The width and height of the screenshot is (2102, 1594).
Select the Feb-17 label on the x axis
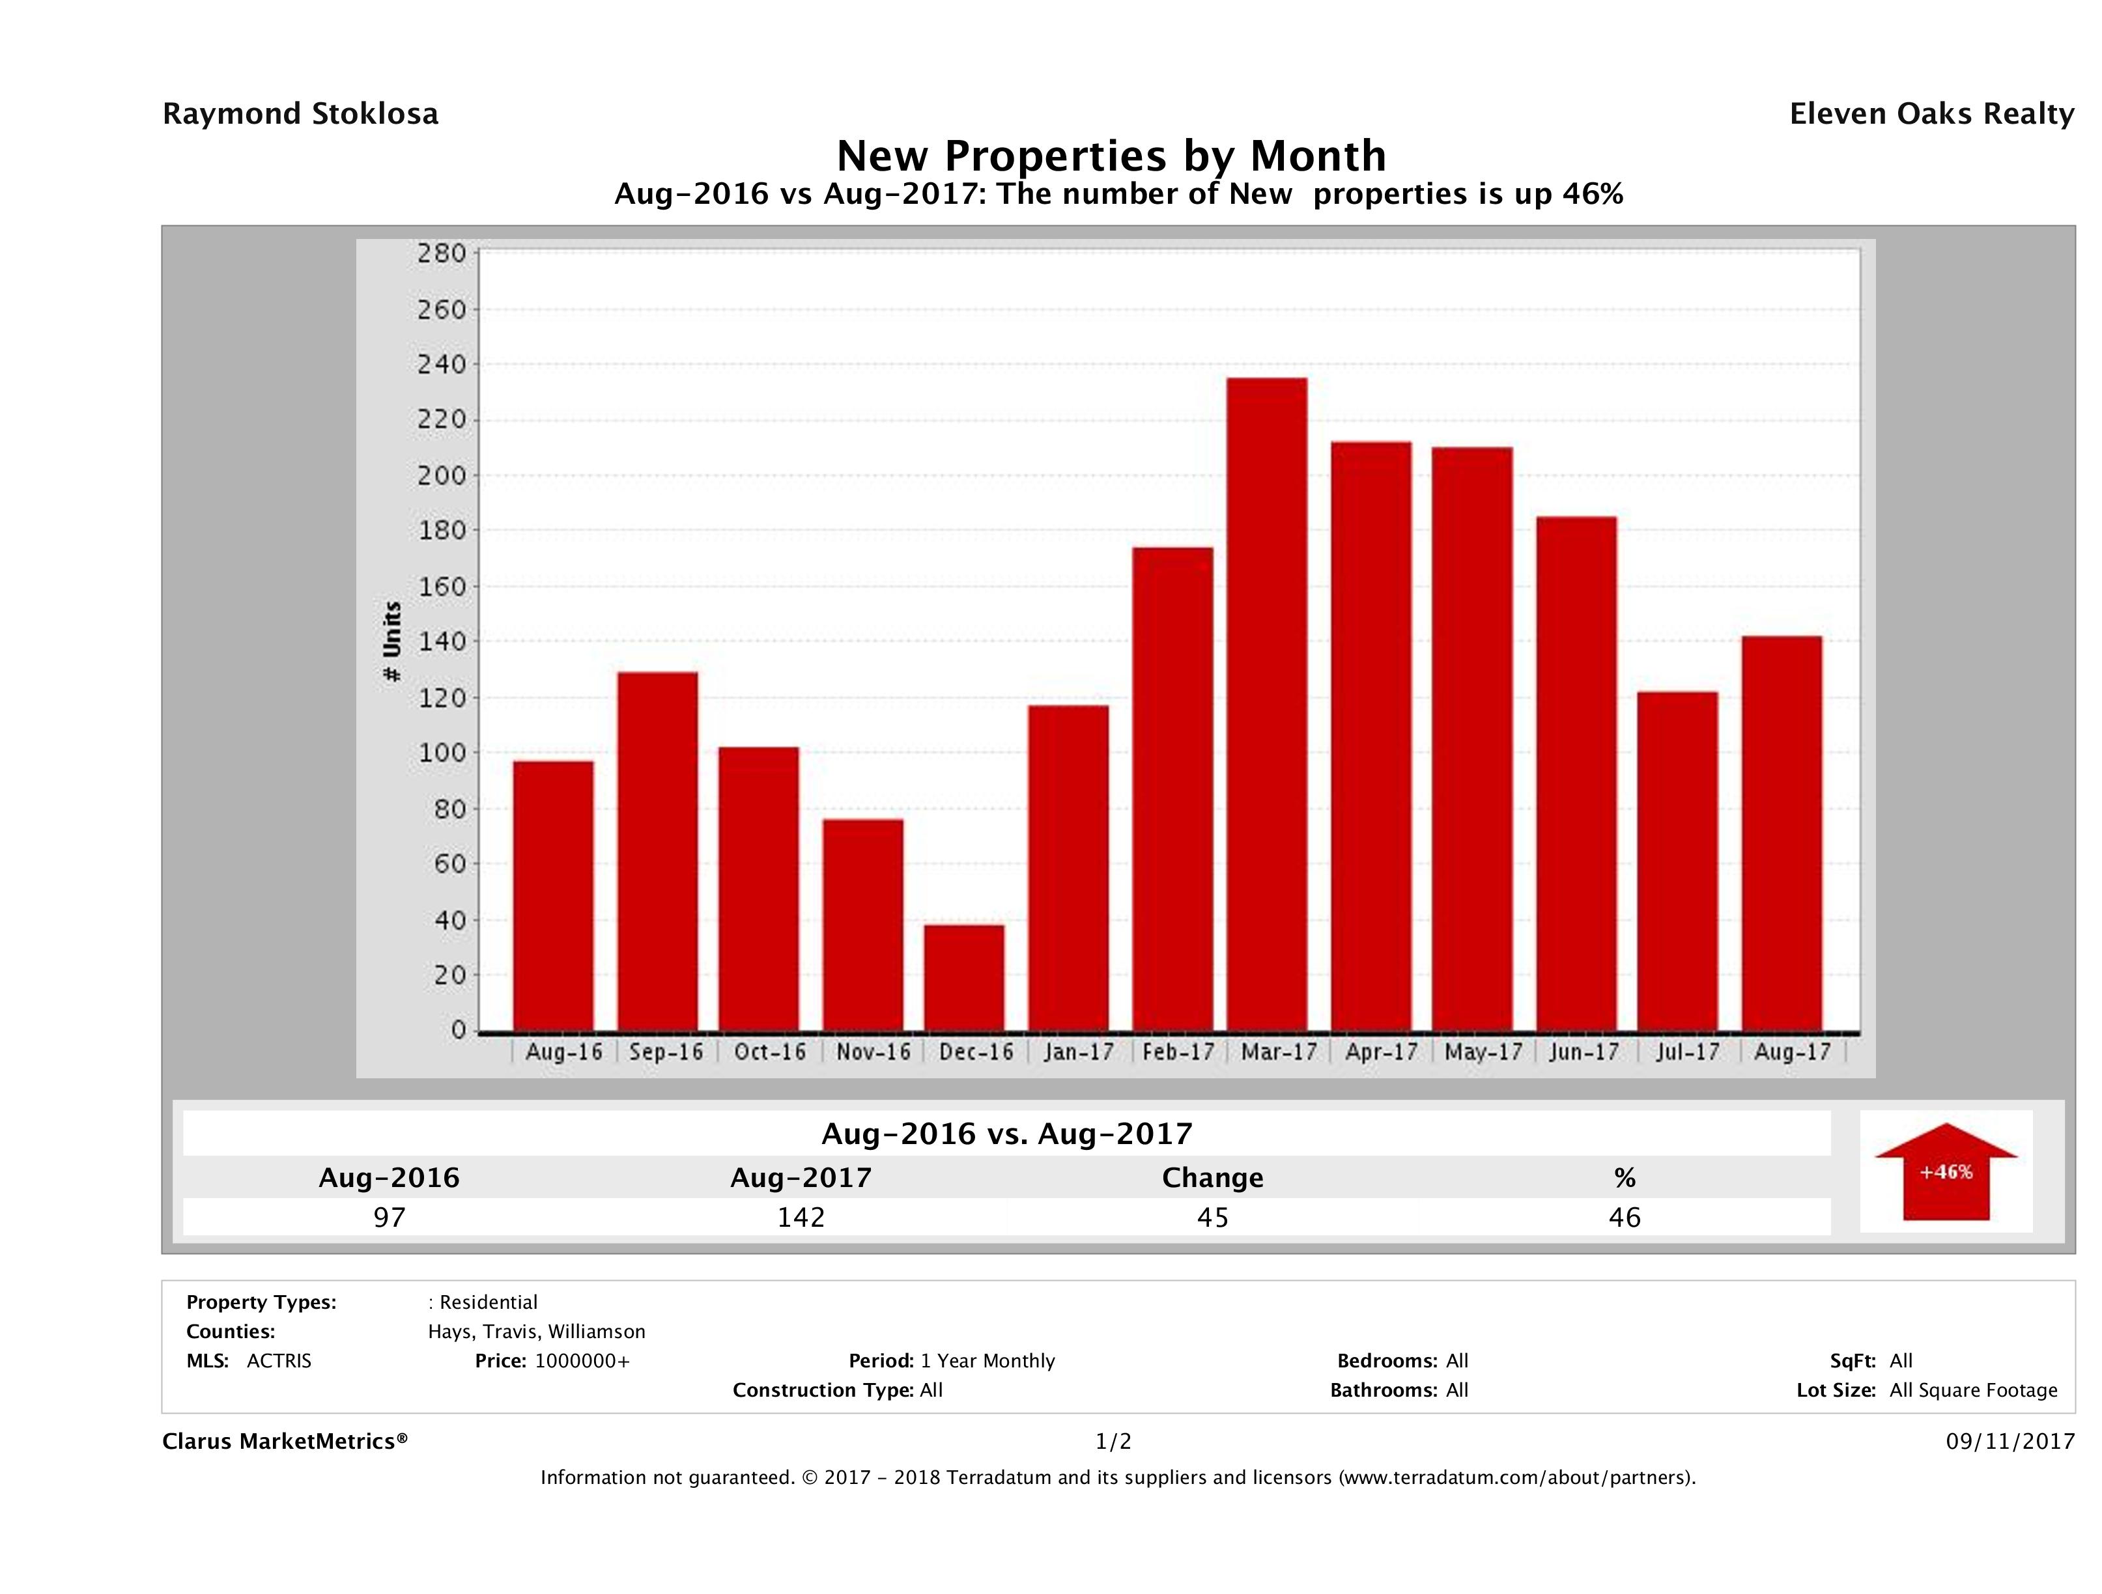tap(1178, 1052)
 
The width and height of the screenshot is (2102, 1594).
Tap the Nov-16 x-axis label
tap(872, 1052)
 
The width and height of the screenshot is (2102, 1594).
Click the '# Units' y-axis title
tap(391, 642)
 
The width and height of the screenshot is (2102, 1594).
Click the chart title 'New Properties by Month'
tap(1111, 156)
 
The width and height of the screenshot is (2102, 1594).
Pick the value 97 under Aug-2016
tap(389, 1217)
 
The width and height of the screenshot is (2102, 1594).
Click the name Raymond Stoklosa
tap(300, 114)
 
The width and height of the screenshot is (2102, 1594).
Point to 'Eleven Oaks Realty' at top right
tap(1931, 114)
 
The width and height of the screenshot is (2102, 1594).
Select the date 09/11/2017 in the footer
tap(2010, 1441)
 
